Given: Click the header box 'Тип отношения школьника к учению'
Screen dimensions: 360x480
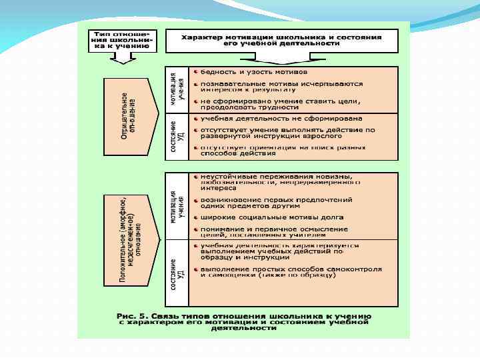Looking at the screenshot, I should coord(121,40).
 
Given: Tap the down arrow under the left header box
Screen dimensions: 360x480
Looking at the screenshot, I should coord(121,58).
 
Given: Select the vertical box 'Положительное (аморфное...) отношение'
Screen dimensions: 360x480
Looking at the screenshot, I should coord(130,239).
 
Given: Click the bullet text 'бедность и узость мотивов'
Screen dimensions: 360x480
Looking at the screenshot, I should coord(254,71).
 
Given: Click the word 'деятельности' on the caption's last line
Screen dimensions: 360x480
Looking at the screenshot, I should coord(244,327).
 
